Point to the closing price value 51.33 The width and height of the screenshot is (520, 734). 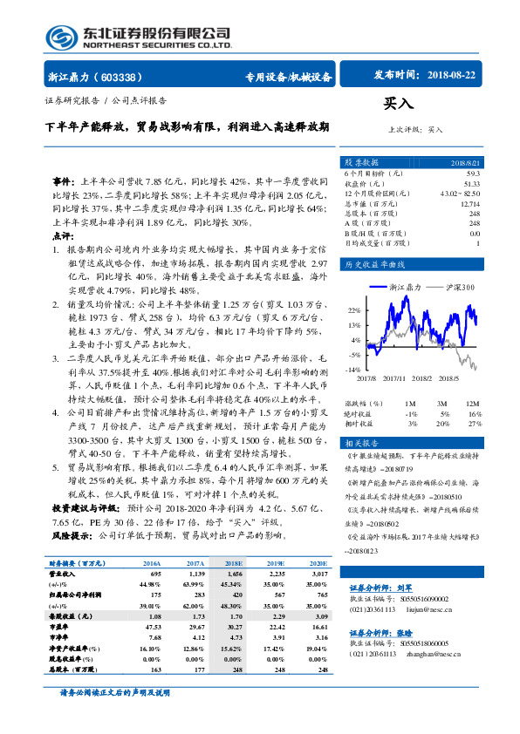point(472,183)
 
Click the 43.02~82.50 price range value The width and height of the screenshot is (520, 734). point(461,193)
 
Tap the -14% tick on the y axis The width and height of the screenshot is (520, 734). point(353,370)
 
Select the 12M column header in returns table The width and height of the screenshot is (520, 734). point(472,404)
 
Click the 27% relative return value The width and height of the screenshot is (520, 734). point(474,423)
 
